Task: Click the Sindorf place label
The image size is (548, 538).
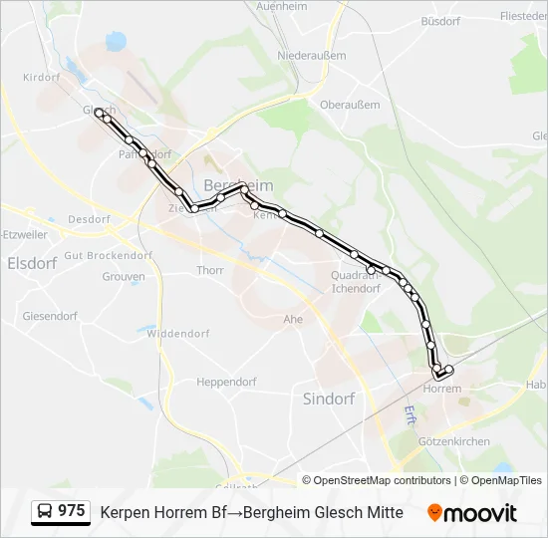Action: [x=329, y=399]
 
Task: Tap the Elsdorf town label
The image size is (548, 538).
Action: [x=31, y=264]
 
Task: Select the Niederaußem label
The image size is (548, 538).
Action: [x=311, y=56]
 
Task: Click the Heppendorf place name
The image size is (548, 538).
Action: [x=226, y=382]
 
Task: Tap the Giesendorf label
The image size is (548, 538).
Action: [x=50, y=316]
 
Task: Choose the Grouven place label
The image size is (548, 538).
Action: [x=124, y=276]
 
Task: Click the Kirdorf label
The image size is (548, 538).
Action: [x=42, y=78]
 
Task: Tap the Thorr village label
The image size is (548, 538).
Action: [x=210, y=270]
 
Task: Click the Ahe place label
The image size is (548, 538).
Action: [x=293, y=319]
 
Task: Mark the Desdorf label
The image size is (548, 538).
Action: [x=88, y=219]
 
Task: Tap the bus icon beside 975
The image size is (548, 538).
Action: [x=45, y=512]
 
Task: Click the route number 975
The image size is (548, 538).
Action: [x=72, y=511]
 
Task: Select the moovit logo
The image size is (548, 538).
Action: [x=472, y=513]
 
